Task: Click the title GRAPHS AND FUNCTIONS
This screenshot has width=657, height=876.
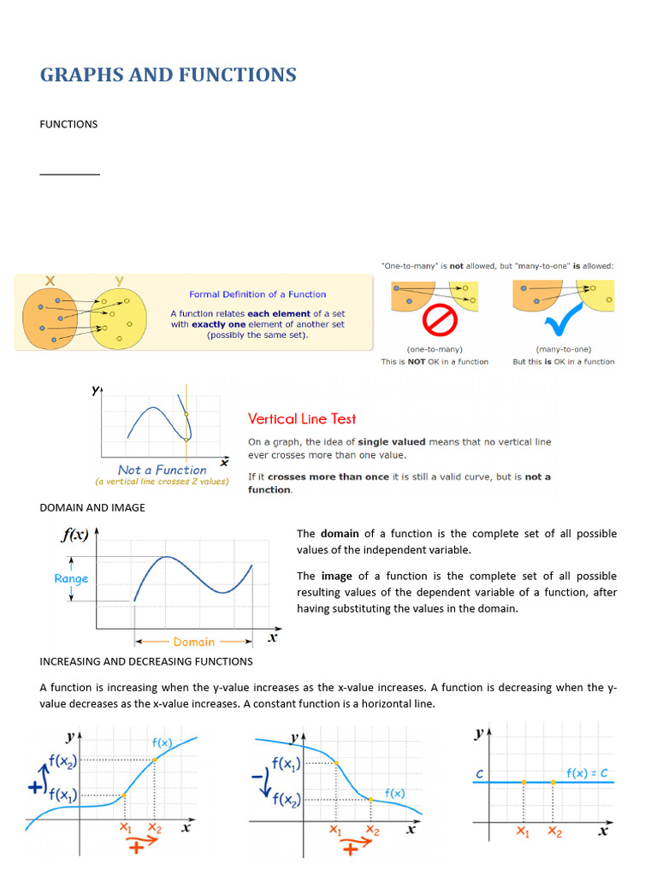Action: [168, 75]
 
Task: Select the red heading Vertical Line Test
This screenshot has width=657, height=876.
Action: [302, 419]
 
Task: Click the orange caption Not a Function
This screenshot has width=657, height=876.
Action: [162, 470]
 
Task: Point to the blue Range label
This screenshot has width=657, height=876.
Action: [71, 579]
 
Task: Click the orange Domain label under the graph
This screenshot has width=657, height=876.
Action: [194, 642]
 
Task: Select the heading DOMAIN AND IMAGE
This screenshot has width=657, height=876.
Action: [92, 507]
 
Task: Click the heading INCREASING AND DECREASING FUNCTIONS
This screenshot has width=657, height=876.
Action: [146, 661]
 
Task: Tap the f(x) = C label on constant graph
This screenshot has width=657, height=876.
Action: [587, 773]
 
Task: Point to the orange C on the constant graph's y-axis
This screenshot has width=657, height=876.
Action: [480, 775]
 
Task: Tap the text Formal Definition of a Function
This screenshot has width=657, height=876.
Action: [257, 295]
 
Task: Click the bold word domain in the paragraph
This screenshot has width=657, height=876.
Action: [339, 534]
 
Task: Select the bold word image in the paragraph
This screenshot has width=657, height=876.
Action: [336, 576]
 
